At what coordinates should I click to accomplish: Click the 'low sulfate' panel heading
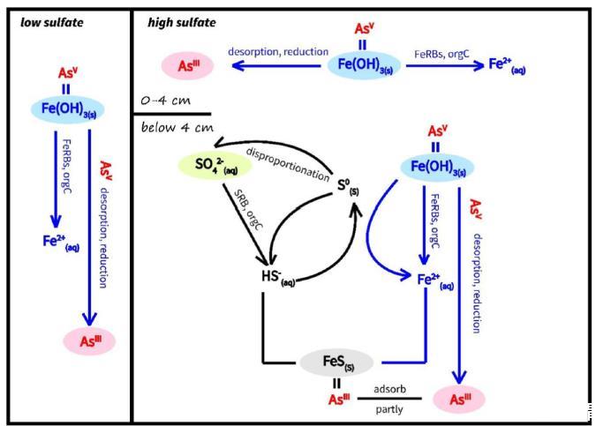pyautogui.click(x=51, y=22)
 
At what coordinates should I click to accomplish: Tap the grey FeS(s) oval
pyautogui.click(x=337, y=361)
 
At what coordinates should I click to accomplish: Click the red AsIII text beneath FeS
pyautogui.click(x=338, y=400)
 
